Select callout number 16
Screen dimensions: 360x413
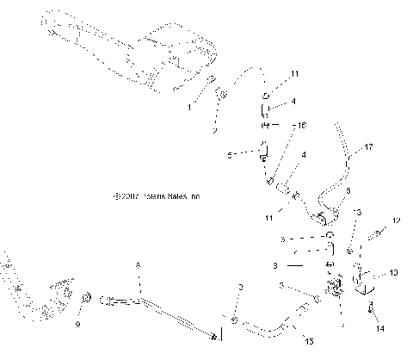click(301, 126)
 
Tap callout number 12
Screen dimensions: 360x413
click(397, 221)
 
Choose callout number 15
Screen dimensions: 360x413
click(308, 341)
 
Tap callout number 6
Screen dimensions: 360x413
click(324, 191)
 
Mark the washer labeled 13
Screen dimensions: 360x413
click(350, 250)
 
